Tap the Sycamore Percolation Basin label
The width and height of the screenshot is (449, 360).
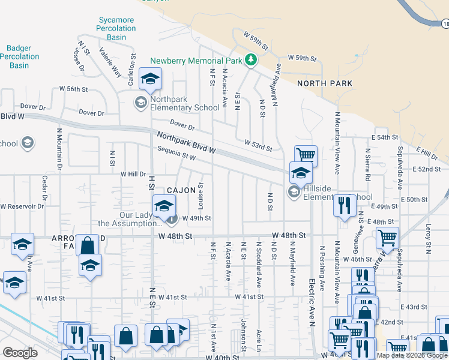coord(116,28)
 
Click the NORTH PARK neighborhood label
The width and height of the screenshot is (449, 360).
coord(325,83)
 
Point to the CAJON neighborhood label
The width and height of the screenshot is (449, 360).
coord(181,190)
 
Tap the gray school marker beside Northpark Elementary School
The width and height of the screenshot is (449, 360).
coord(140,102)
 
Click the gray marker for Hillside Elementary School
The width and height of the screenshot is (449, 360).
coord(294,192)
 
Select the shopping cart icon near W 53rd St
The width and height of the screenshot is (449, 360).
coord(306,155)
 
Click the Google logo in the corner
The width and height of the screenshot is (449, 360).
coord(20,353)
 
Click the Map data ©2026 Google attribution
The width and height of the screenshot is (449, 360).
coord(412,355)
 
